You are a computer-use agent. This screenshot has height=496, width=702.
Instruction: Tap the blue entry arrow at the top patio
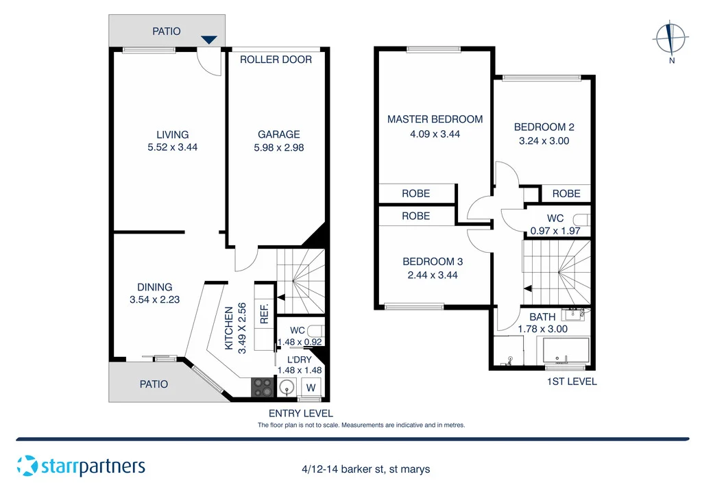coord(209,40)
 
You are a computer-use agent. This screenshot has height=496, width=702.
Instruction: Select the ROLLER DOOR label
coord(276,60)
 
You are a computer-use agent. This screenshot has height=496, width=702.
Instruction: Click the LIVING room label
coord(172,134)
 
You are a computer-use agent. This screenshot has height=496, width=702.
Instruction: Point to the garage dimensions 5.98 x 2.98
coord(279,147)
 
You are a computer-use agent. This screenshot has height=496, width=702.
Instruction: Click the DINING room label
coord(154,287)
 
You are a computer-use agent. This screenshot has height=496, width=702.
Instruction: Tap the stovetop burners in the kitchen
coord(262,387)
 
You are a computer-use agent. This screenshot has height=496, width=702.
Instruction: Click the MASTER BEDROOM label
coord(435,119)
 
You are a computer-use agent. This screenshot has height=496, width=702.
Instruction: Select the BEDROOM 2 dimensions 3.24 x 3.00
coord(544,140)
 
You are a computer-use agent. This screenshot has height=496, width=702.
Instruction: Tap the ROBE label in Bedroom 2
coord(566,194)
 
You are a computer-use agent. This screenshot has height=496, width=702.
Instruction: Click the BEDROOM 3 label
coord(433,261)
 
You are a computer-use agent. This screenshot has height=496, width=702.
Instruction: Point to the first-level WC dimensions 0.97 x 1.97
coord(555,231)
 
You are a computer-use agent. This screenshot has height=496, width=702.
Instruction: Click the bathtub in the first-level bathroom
coord(566,352)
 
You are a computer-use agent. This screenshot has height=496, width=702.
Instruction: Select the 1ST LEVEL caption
coord(572,382)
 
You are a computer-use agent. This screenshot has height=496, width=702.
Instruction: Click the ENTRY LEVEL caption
coord(300,413)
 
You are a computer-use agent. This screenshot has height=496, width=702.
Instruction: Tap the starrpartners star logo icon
coord(27,466)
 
